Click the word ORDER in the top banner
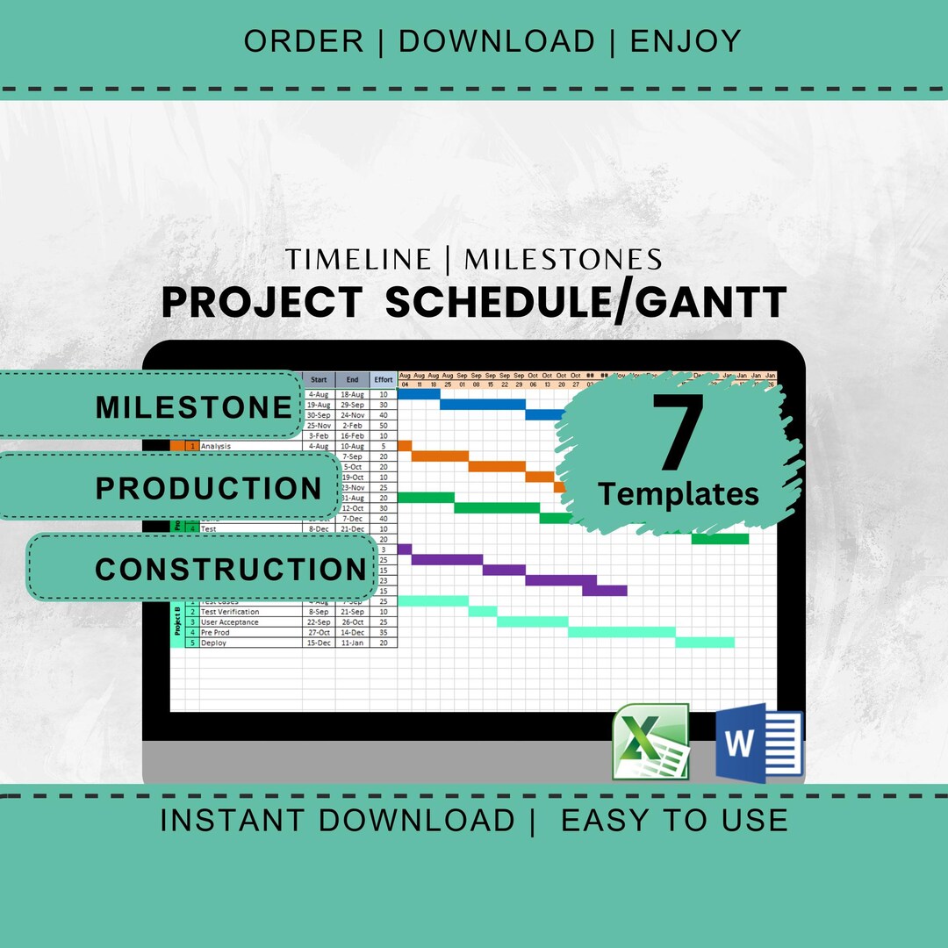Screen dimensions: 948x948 [303, 41]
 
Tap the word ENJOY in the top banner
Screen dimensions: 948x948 [686, 41]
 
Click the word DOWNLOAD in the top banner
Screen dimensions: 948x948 [497, 41]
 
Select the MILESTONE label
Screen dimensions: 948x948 [193, 406]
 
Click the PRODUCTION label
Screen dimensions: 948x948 [209, 488]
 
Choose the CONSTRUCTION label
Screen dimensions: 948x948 [230, 569]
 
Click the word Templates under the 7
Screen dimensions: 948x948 [679, 494]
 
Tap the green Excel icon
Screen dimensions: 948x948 [650, 742]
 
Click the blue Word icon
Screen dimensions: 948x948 [758, 743]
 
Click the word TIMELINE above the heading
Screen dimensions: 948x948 [358, 259]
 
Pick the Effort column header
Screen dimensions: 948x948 [384, 380]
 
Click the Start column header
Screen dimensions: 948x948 [319, 380]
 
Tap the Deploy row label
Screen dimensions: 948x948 [213, 643]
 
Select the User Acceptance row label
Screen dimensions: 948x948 [229, 622]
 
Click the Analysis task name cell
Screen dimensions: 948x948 [215, 446]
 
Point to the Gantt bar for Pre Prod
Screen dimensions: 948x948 [621, 632]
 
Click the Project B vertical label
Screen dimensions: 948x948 [177, 621]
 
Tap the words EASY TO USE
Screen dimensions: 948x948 [674, 820]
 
